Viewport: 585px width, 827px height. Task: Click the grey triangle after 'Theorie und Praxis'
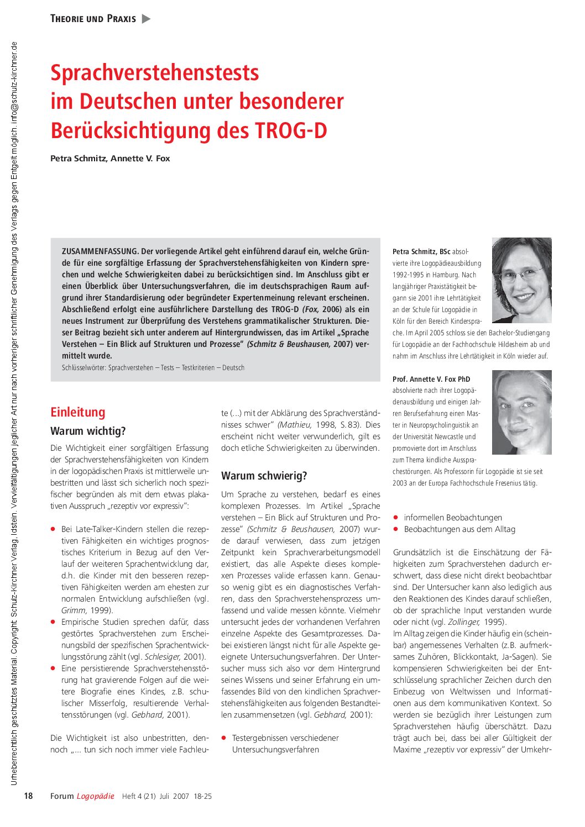(x=146, y=19)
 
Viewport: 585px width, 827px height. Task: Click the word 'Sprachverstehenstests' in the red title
(x=155, y=73)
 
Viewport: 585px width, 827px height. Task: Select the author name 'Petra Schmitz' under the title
(x=77, y=159)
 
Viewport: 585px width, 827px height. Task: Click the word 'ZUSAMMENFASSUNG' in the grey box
(x=100, y=251)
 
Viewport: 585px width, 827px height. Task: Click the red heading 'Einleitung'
(x=77, y=412)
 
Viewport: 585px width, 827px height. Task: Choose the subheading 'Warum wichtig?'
(x=88, y=431)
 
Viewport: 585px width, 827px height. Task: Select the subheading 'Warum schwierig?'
(x=264, y=476)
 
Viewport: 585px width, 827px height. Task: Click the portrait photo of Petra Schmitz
(x=521, y=280)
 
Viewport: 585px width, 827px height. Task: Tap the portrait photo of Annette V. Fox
(x=521, y=412)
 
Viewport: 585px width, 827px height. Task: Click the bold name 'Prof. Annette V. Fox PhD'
(x=431, y=379)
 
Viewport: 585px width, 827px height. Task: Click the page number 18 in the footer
(x=28, y=796)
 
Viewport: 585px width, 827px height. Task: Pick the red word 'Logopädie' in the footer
(x=95, y=796)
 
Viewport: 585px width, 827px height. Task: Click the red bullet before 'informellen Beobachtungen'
(x=395, y=518)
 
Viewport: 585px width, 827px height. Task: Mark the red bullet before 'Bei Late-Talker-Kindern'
(x=53, y=529)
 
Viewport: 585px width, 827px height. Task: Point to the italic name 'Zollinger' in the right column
(x=463, y=622)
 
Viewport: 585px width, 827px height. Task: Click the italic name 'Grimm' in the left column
(x=73, y=610)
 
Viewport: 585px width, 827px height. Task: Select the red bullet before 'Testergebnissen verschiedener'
(x=224, y=738)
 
